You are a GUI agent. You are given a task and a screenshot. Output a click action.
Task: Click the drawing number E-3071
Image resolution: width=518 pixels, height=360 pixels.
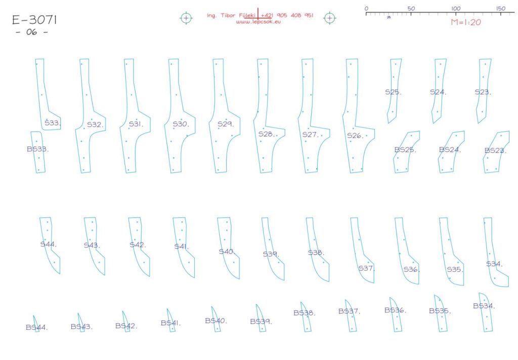tap(34, 20)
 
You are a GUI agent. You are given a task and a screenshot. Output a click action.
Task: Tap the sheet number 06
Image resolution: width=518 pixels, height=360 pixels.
tap(32, 32)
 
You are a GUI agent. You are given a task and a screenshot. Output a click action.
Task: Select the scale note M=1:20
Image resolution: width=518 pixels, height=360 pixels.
tap(466, 22)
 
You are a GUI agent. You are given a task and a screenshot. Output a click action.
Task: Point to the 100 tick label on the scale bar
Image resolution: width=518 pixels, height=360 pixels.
tap(456, 8)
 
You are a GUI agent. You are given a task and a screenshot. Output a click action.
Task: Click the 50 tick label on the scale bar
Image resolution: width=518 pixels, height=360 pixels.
tap(411, 8)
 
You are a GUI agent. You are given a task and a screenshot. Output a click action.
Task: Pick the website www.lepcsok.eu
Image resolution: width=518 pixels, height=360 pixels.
tap(258, 22)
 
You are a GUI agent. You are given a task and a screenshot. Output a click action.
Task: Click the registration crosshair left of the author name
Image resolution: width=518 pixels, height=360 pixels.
tap(186, 18)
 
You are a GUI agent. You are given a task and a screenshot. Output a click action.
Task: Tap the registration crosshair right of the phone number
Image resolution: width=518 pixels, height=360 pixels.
tap(329, 18)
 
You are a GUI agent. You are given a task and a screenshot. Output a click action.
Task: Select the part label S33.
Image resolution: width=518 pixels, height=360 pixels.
tap(53, 123)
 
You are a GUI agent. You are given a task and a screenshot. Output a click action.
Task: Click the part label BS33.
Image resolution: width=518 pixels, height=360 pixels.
tap(37, 149)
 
